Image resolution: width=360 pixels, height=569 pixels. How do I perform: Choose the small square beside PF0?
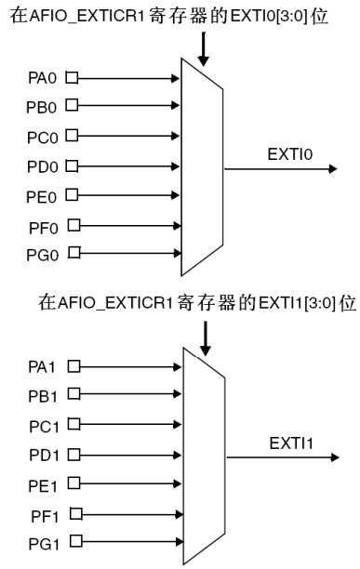tap(73, 224)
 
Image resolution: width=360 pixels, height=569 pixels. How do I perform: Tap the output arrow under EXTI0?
tap(279, 169)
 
